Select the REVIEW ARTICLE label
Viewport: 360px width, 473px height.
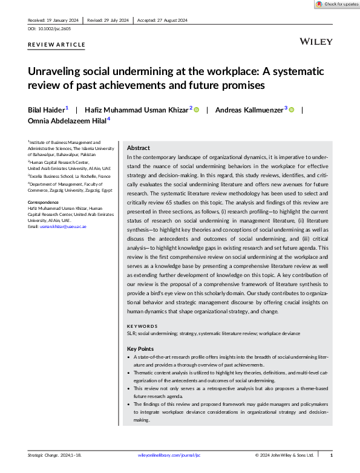(x=56, y=44)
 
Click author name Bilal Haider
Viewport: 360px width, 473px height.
(x=45, y=109)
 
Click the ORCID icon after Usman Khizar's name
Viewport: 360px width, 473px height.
(x=196, y=109)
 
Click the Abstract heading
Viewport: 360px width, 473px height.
(x=139, y=148)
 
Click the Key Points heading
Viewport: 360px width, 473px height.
(x=140, y=349)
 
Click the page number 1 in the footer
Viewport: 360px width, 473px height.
(x=330, y=455)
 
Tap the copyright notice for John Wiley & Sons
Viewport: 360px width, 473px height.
(x=284, y=455)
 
